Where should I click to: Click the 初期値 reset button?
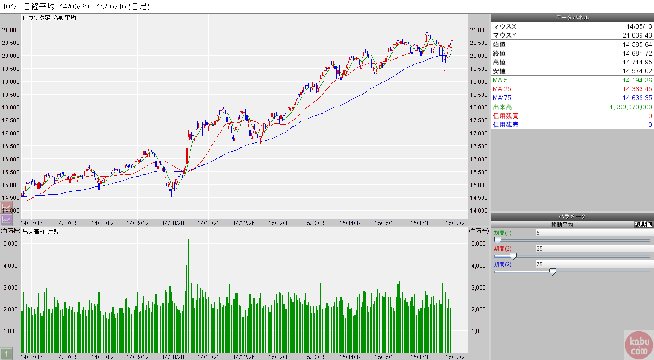pos(643,224)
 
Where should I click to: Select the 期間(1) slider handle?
pos(497,240)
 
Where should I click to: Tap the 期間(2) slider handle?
pos(513,256)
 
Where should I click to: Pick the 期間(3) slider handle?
pos(552,272)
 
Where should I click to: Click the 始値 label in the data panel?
pos(499,44)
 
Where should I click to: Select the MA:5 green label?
pos(501,81)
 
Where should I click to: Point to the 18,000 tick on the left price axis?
pos(11,107)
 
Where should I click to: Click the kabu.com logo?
pos(639,345)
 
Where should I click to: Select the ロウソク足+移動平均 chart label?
pos(49,18)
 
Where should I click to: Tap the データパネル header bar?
pos(572,18)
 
